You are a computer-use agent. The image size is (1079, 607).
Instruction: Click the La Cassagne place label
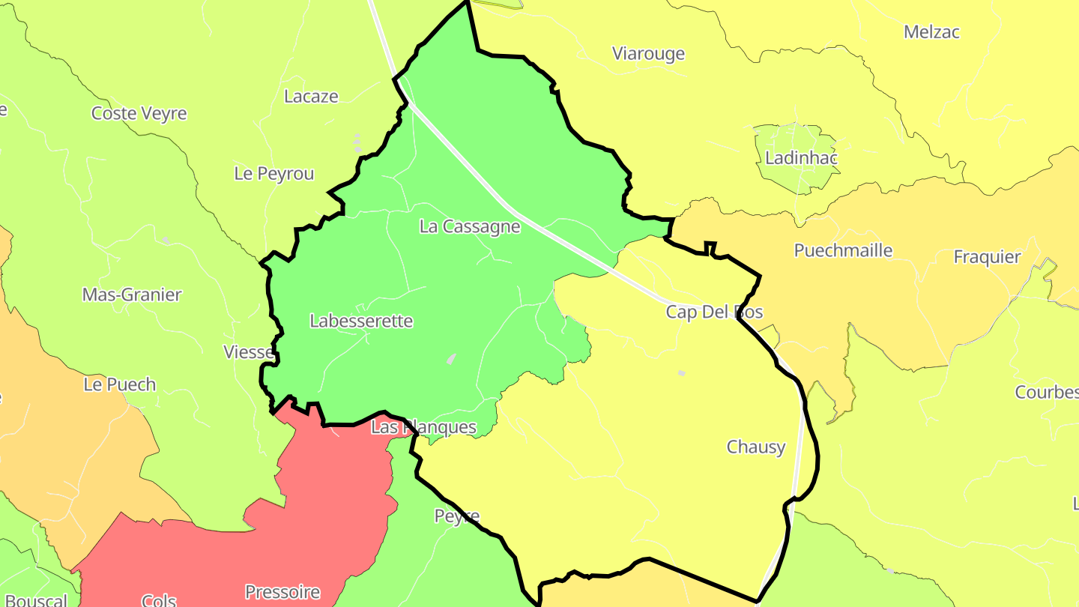point(470,226)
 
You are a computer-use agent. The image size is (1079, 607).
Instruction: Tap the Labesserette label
point(361,321)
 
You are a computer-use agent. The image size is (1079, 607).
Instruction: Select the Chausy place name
point(756,447)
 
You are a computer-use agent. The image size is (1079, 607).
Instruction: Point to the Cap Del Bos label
point(714,312)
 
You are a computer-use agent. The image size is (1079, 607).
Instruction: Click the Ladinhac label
point(801,158)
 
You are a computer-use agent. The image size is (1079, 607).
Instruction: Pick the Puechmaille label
point(843,250)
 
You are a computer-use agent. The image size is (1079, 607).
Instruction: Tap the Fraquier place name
point(987,257)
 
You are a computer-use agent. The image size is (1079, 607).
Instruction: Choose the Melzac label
point(931,32)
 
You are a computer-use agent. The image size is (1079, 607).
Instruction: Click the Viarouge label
point(648,54)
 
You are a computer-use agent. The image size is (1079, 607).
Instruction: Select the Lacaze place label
point(311,97)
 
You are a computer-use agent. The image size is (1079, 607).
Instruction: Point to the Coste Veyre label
point(139,114)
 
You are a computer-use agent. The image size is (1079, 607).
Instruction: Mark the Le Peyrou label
point(274,174)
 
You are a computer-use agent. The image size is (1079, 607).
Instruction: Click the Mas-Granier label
point(132,295)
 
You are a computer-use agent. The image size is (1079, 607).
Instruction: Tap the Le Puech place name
point(120,385)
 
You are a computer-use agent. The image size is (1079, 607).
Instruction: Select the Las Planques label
point(423,427)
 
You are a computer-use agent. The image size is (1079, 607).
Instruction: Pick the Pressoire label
point(282,592)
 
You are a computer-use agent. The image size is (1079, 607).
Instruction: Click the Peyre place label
point(456,516)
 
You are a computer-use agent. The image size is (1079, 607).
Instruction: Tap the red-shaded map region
point(315,510)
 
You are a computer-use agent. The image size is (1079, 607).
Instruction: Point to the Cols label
point(159,600)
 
